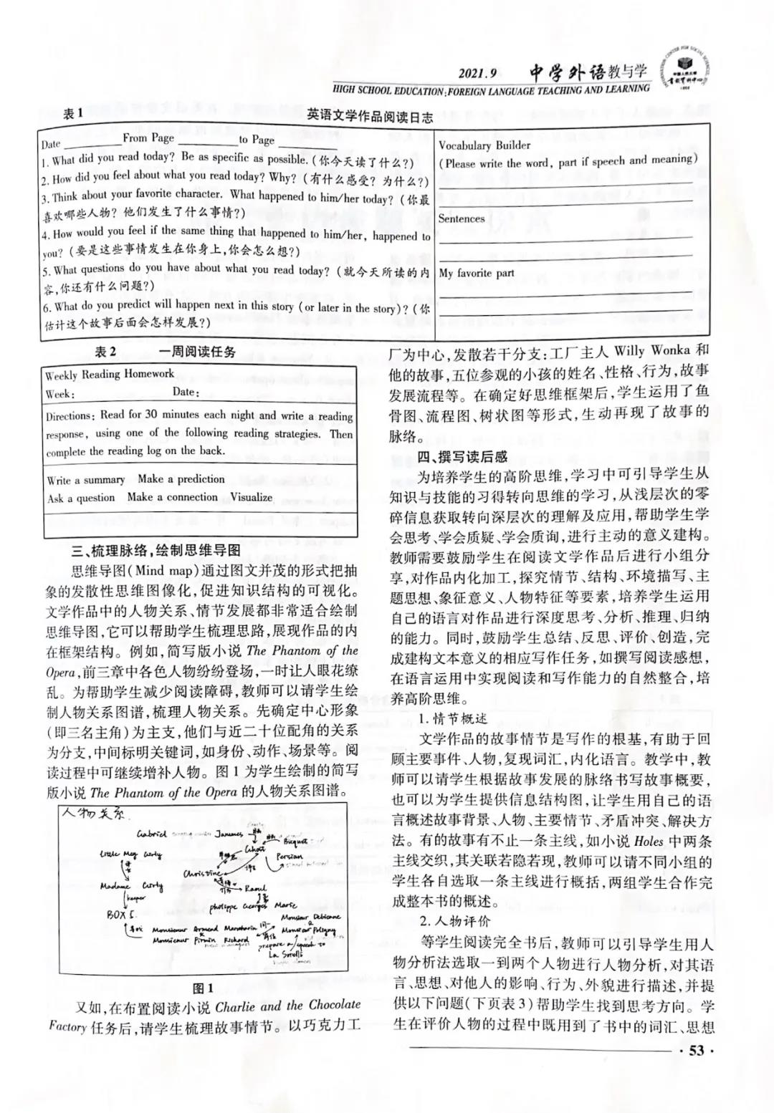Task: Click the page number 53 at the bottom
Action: [x=697, y=1051]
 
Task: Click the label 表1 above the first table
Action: [x=73, y=113]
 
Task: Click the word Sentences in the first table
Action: [x=462, y=218]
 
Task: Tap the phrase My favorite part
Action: [x=477, y=273]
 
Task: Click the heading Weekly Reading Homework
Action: [x=109, y=374]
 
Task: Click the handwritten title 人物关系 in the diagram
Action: [x=93, y=814]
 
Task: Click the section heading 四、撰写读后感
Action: [x=462, y=456]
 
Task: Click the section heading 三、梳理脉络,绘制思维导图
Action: [x=154, y=551]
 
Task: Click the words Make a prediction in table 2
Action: [x=181, y=478]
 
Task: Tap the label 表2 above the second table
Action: [x=105, y=352]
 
